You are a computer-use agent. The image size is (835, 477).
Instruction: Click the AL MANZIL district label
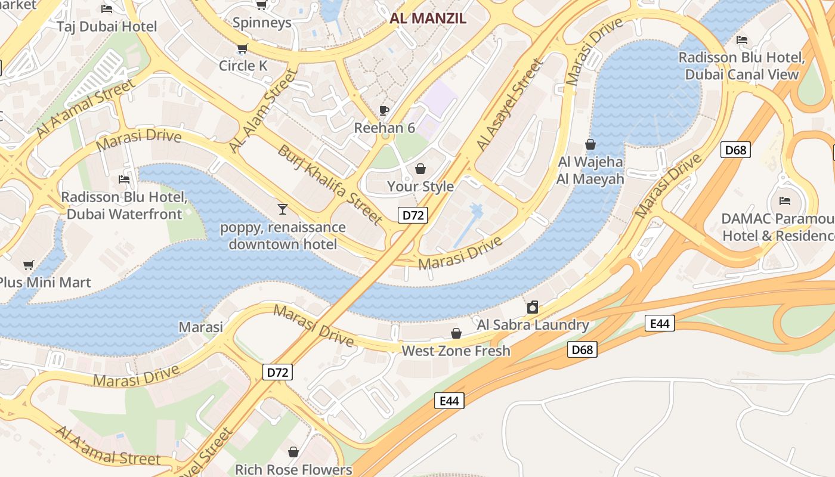click(428, 18)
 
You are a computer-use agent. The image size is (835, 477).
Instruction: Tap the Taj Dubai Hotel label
click(107, 26)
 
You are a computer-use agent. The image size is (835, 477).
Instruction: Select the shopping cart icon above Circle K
click(242, 48)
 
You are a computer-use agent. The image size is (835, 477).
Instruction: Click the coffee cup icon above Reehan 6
click(384, 110)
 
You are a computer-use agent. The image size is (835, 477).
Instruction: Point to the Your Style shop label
click(420, 187)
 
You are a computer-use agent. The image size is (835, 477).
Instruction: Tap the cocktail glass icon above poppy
click(283, 209)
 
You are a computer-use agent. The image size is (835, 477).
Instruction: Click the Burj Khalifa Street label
click(330, 185)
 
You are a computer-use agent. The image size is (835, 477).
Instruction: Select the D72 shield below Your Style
click(413, 215)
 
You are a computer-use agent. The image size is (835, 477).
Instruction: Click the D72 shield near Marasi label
click(277, 373)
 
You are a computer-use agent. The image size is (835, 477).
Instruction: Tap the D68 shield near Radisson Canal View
click(735, 150)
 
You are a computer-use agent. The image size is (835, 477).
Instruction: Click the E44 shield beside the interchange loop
click(659, 324)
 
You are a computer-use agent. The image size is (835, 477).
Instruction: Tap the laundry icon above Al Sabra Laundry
click(533, 308)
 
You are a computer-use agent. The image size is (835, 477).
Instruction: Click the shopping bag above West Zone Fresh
click(456, 333)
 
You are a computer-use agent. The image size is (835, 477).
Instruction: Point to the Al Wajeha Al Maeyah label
click(590, 171)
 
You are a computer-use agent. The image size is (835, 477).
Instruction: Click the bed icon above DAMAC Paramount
click(785, 201)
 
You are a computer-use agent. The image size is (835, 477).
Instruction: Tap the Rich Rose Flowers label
click(293, 469)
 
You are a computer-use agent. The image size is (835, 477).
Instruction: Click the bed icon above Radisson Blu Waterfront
click(124, 179)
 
